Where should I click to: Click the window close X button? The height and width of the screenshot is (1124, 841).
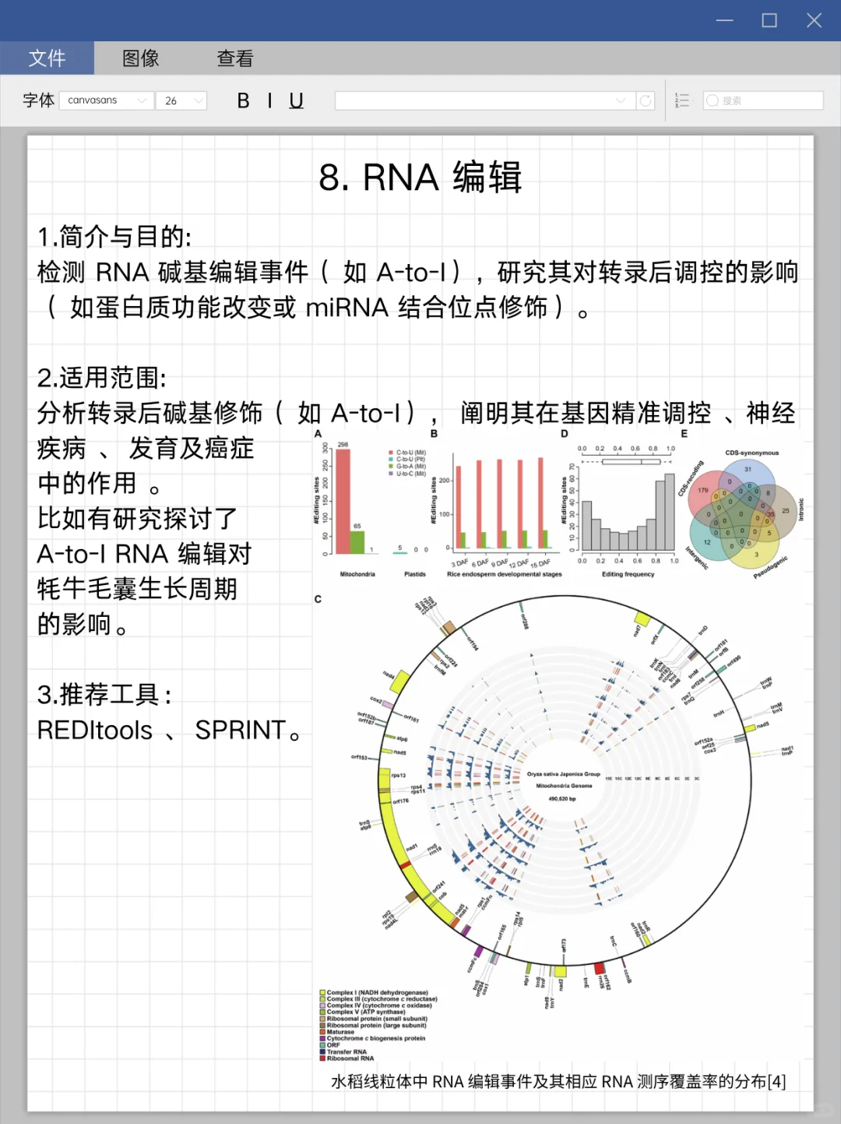[x=814, y=20]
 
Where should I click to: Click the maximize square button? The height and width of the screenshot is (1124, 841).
[x=769, y=20]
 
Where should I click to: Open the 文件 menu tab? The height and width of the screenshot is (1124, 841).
[x=47, y=58]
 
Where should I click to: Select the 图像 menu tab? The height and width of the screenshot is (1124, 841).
[x=141, y=58]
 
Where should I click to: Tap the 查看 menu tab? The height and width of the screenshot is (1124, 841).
[x=235, y=58]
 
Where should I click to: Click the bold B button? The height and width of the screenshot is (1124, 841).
[x=244, y=100]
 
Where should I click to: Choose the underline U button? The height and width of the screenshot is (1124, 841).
[x=296, y=100]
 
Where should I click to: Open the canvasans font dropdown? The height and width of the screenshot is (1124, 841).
[x=106, y=100]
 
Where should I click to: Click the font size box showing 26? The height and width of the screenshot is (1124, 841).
[x=181, y=100]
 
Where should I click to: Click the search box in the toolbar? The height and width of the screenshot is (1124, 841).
[x=763, y=100]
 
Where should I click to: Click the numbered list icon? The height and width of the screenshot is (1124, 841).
[x=682, y=100]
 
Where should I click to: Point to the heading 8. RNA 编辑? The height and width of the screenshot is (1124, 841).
[x=420, y=178]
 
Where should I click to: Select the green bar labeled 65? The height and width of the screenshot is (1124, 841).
[x=357, y=541]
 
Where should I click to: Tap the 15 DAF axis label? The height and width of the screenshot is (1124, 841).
[x=540, y=563]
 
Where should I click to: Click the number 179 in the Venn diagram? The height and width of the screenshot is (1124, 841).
[x=703, y=491]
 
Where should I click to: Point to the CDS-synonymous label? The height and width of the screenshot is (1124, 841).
[x=751, y=453]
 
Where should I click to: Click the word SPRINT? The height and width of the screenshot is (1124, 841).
[x=241, y=730]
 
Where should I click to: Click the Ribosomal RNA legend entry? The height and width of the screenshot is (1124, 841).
[x=349, y=1059]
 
